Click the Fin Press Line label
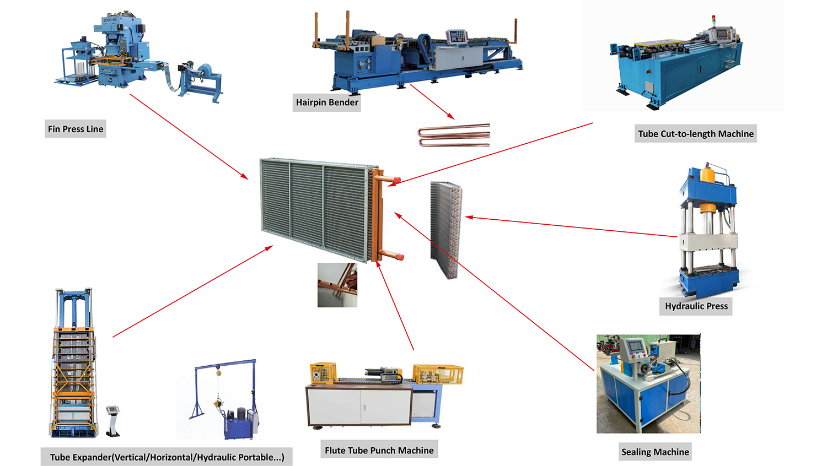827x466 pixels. click(x=76, y=129)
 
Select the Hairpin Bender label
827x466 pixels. click(x=327, y=102)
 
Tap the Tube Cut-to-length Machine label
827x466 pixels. click(x=696, y=133)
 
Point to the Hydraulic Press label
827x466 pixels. click(x=696, y=306)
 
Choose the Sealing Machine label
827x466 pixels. click(x=655, y=452)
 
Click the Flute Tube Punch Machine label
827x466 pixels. click(x=379, y=450)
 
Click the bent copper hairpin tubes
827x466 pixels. click(x=454, y=135)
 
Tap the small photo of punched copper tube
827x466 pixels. click(x=337, y=285)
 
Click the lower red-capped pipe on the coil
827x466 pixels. click(x=391, y=255)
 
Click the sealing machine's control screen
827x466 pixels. click(x=636, y=346)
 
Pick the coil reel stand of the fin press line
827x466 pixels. click(x=201, y=83)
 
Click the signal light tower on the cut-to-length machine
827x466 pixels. click(x=713, y=21)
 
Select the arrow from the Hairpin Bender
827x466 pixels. click(x=432, y=102)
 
